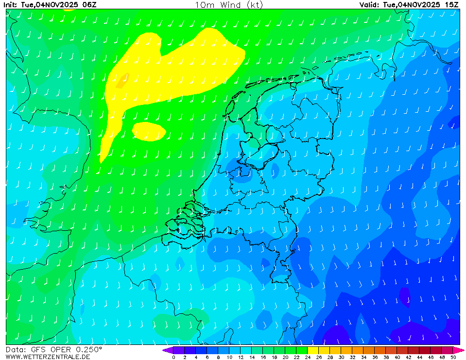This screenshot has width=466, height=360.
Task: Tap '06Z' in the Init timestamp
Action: point(89,4)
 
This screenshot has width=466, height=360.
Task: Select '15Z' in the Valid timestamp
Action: point(452,4)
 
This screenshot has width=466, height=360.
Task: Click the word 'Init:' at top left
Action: point(11,4)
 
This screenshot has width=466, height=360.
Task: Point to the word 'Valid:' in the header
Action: point(370,4)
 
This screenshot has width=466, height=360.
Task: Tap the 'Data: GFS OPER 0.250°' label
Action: point(54,349)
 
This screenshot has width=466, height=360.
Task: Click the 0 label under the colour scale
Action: point(173,357)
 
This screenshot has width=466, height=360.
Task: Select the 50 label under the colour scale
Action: point(453,357)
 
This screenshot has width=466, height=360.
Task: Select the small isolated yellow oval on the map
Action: point(149,131)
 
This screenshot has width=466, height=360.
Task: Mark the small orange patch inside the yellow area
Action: point(121,80)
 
